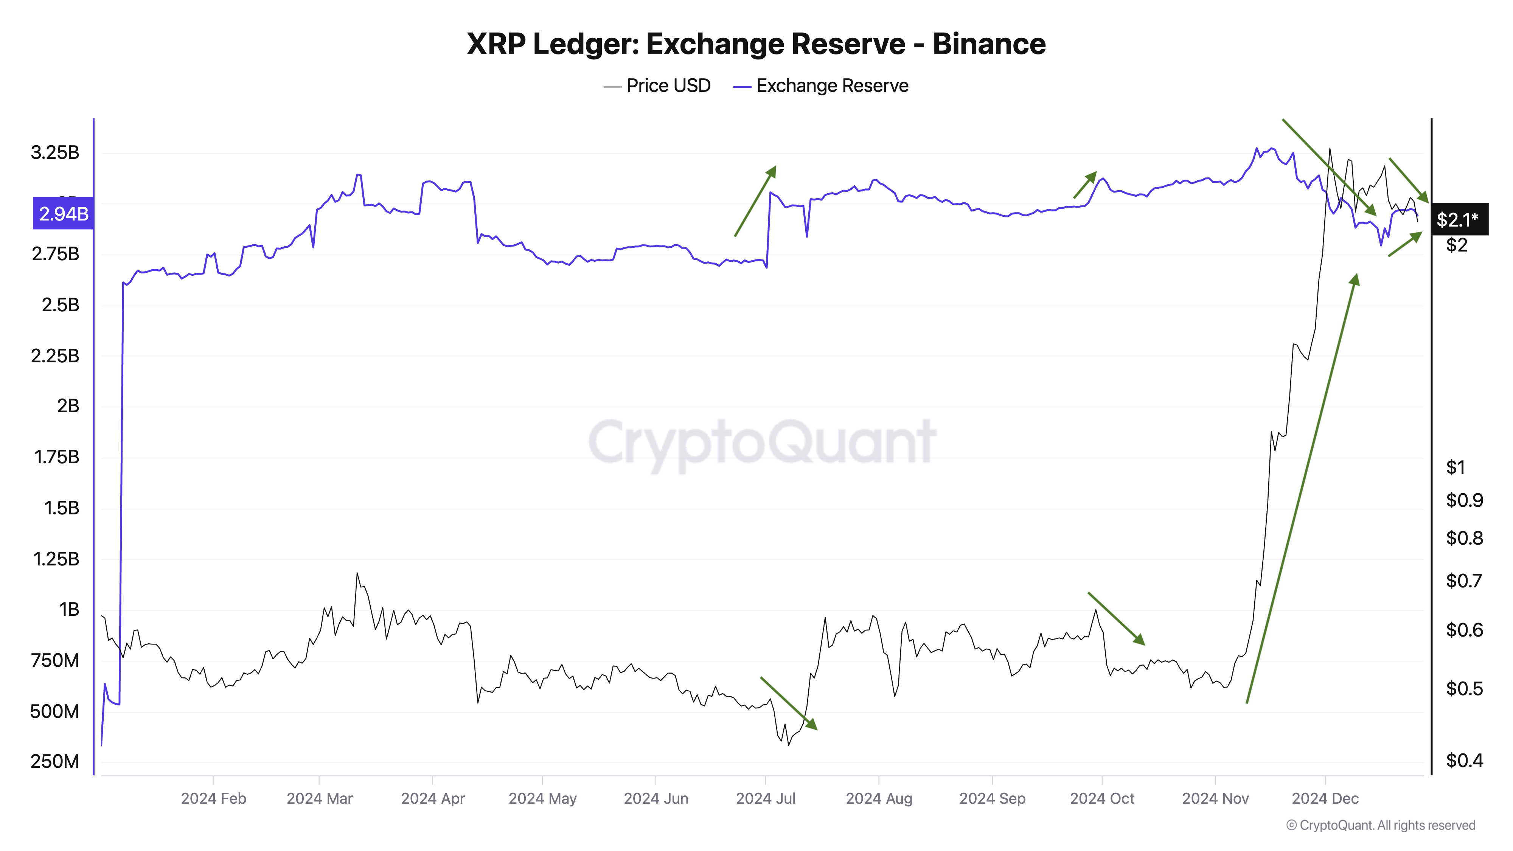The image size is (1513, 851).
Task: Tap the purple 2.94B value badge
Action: coord(64,213)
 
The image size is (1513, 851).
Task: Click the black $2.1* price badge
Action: coord(1459,220)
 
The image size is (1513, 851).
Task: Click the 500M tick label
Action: coord(54,711)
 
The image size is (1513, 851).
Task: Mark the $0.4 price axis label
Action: coord(1464,761)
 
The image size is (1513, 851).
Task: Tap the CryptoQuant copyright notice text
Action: coord(1380,825)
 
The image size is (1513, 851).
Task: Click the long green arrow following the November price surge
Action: coord(1301,488)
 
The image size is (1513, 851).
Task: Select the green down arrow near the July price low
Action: coord(788,703)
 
